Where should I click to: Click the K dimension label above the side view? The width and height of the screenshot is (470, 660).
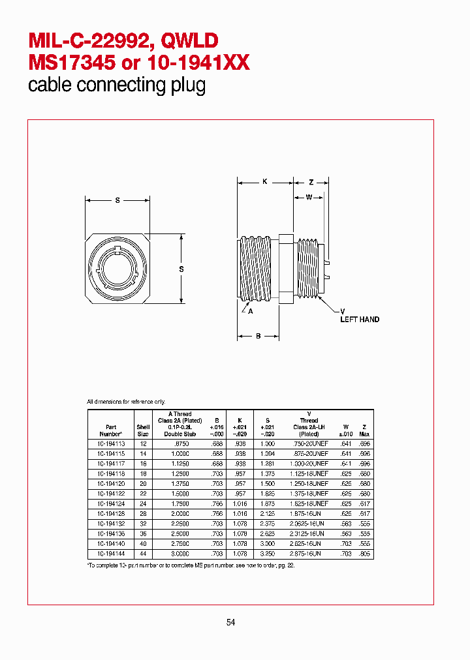click(265, 182)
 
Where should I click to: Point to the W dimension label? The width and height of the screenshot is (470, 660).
click(308, 197)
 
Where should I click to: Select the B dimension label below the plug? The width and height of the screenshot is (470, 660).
click(258, 337)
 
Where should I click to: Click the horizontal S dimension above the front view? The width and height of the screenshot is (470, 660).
click(117, 201)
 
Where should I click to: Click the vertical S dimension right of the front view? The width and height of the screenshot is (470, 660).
click(181, 269)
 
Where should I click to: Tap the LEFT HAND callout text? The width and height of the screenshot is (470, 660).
click(360, 320)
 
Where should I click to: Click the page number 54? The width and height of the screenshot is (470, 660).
click(230, 622)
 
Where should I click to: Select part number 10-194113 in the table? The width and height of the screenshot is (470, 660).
click(110, 443)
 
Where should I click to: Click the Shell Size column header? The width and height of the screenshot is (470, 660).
click(143, 430)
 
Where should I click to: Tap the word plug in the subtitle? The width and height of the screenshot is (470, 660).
click(189, 85)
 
